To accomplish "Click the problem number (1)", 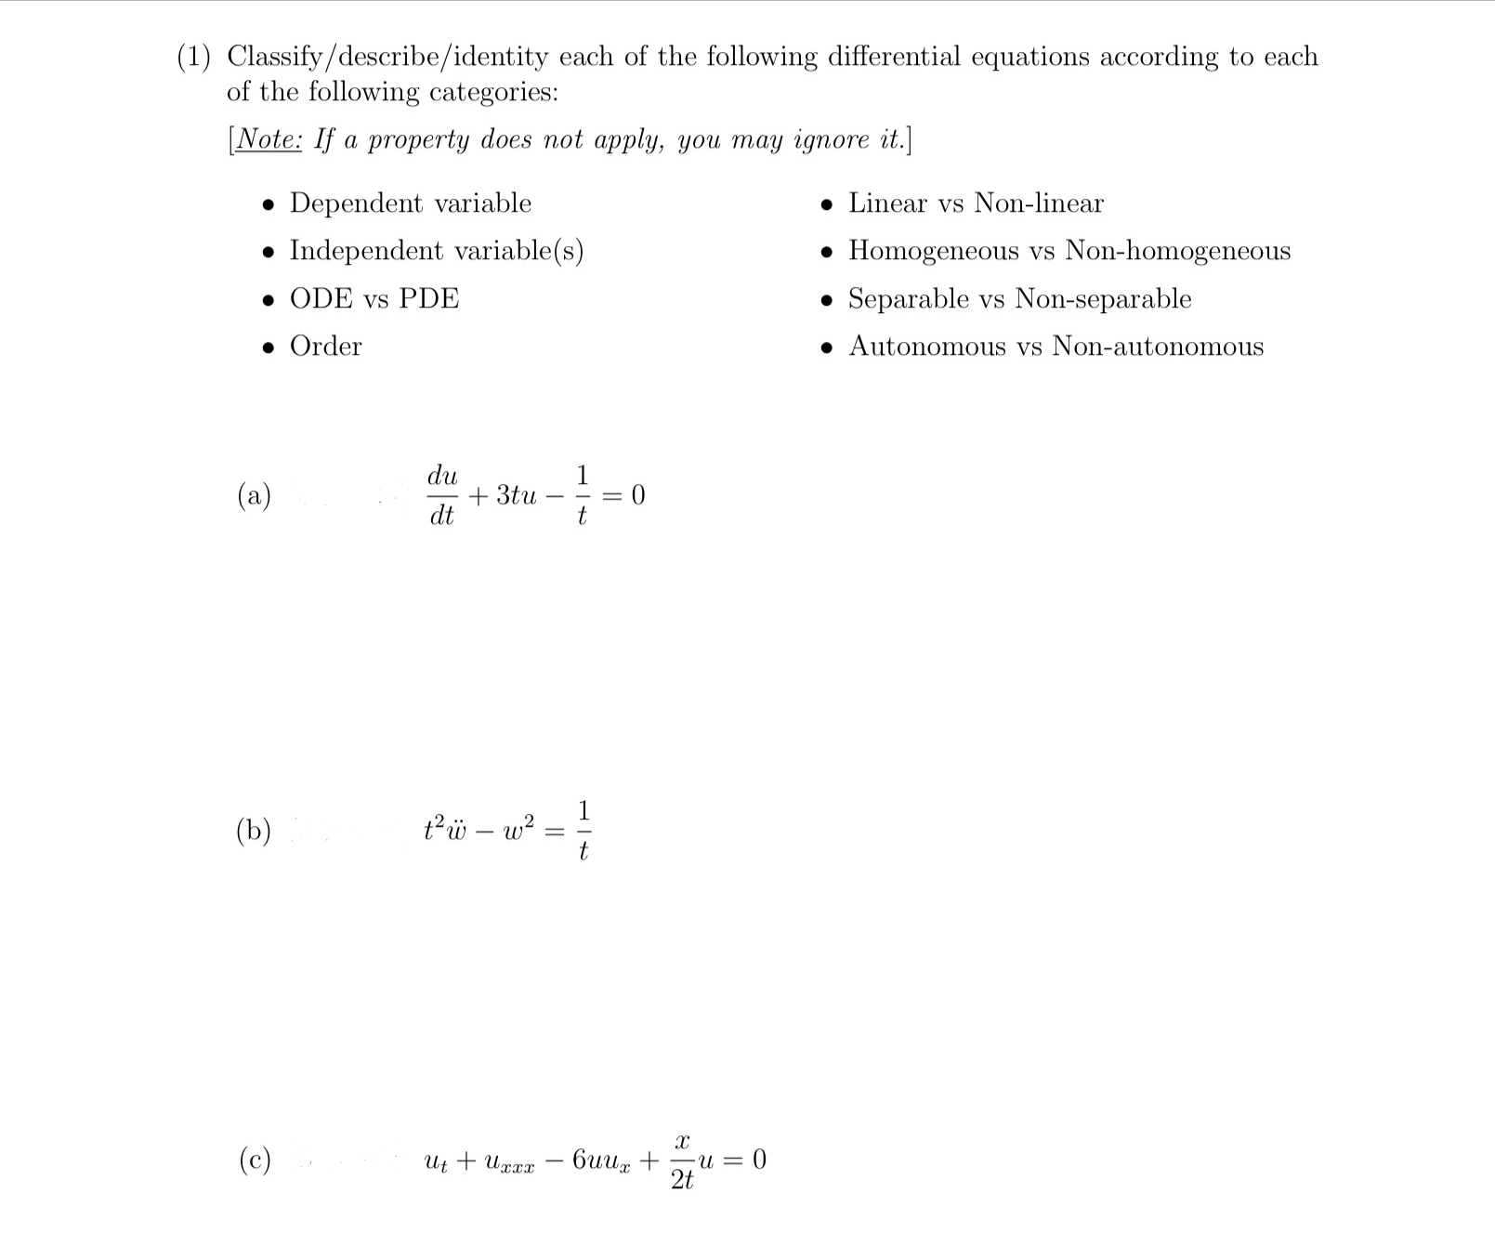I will coord(193,58).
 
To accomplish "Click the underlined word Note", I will coord(268,139).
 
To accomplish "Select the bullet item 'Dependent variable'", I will coord(410,203).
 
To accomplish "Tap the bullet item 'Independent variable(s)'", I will coord(436,251).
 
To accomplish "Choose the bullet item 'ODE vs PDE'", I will coord(374,299).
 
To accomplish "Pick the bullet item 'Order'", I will coord(325,347).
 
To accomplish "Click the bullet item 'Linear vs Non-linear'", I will coord(975,203).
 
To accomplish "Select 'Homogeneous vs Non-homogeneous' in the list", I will coord(1069,251).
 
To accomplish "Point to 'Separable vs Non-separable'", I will coord(1018,299).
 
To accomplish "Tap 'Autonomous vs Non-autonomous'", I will coord(1055,347).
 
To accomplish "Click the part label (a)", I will coord(254,495).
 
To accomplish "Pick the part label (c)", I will coord(254,1160).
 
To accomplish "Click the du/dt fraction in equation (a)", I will coord(442,496).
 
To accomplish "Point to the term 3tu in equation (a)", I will coord(516,496).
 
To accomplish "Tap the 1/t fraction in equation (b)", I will coord(583,830).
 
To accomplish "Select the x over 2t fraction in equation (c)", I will coord(682,1161).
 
